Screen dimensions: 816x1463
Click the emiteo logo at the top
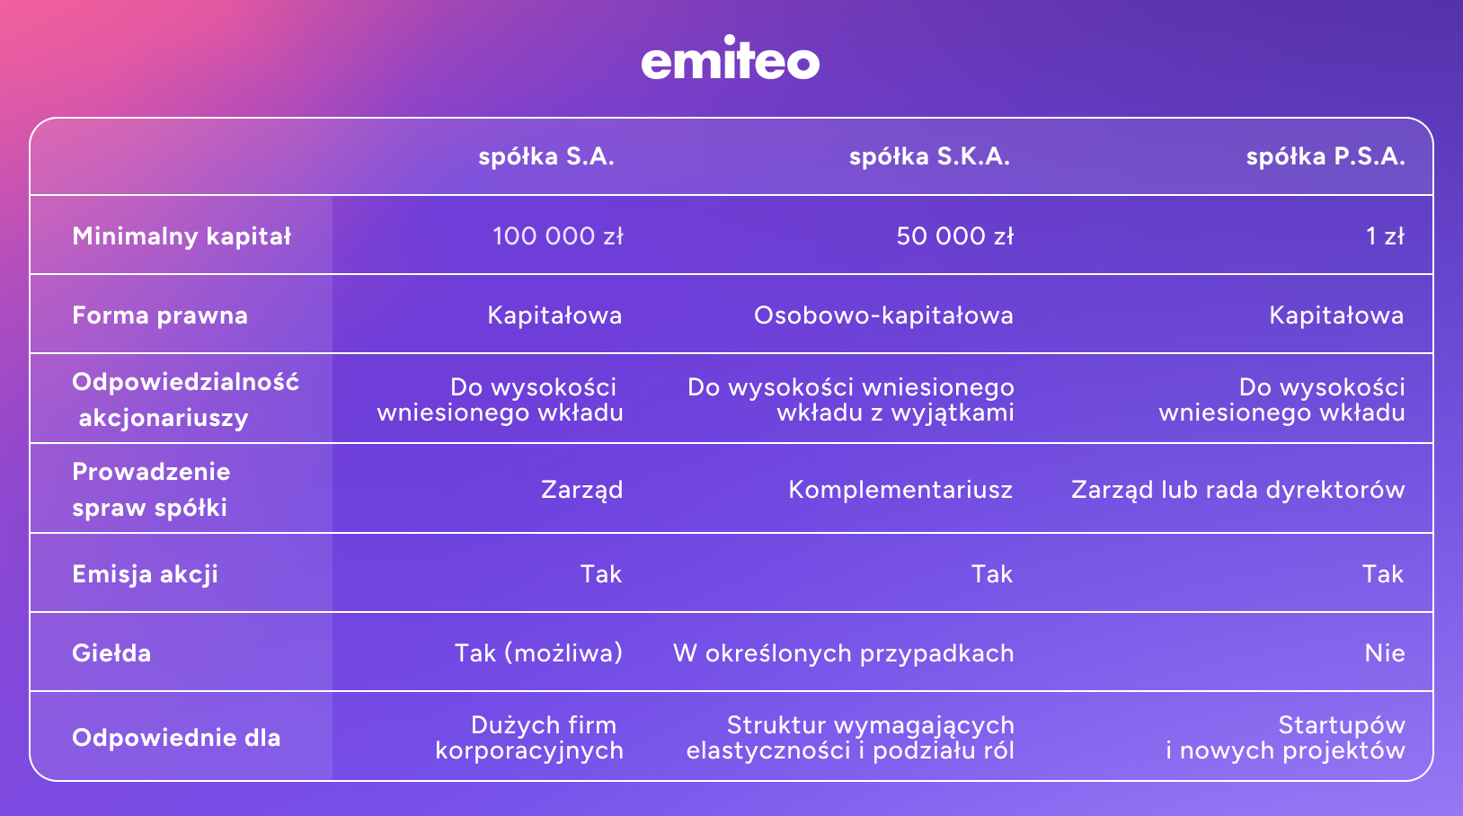(x=730, y=59)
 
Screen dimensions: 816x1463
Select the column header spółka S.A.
(x=546, y=156)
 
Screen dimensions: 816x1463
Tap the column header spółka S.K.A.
(x=929, y=156)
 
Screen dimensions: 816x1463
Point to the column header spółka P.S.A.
(x=1325, y=156)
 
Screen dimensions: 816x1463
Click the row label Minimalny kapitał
(x=182, y=236)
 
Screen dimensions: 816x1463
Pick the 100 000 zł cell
(x=557, y=236)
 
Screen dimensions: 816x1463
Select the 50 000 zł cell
(x=954, y=236)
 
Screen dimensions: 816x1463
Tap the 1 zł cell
(x=1384, y=236)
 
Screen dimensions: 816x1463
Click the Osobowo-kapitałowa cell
(x=883, y=315)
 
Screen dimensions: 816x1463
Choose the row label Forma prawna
(x=160, y=315)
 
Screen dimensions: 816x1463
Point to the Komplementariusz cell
(x=900, y=490)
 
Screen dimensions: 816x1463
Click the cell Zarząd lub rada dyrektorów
(x=1237, y=490)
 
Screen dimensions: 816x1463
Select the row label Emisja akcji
(x=145, y=574)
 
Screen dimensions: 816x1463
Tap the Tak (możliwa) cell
(x=538, y=653)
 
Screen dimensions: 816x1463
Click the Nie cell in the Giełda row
(x=1384, y=653)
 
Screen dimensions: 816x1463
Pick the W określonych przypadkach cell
(x=843, y=653)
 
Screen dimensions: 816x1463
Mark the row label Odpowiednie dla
(x=176, y=738)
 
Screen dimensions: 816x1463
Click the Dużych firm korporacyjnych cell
(x=530, y=738)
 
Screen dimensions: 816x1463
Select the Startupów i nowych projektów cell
(x=1285, y=738)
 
